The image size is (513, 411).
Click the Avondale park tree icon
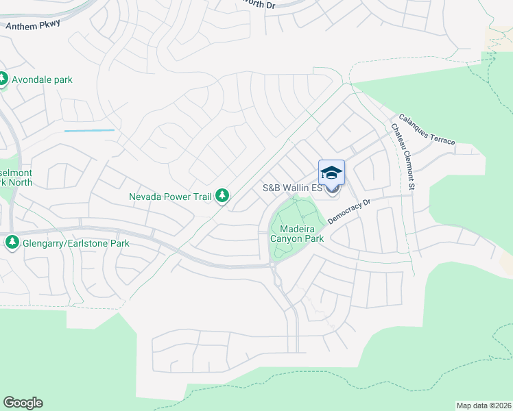tap(3, 79)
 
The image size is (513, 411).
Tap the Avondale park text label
tap(43, 79)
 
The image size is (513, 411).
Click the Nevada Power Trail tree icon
tap(222, 197)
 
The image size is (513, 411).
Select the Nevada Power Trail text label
tap(171, 197)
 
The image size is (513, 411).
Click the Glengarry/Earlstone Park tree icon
tap(12, 242)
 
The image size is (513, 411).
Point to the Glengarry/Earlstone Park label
tap(71, 242)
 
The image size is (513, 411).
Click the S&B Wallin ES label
tap(293, 188)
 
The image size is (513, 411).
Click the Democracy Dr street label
tap(349, 212)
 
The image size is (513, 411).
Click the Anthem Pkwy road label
tap(33, 25)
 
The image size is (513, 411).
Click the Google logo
tap(23, 403)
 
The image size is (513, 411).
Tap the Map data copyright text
tap(484, 405)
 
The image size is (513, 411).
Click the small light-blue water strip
tap(89, 130)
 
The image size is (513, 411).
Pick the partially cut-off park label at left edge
tap(16, 177)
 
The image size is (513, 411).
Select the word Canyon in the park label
tap(289, 239)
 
